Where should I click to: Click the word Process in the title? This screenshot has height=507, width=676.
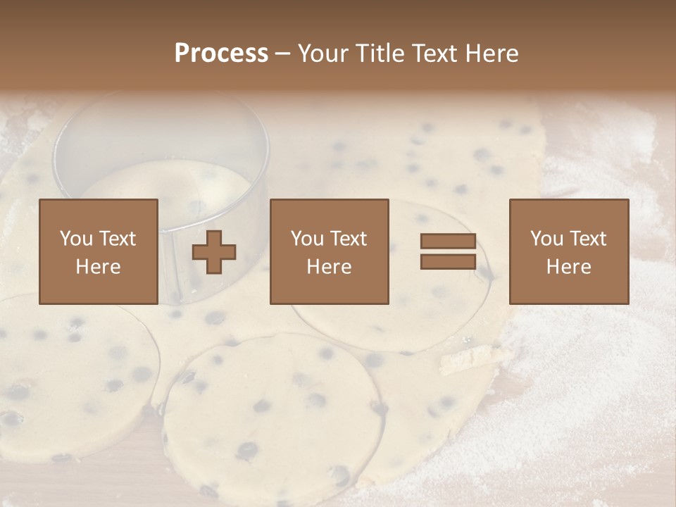pyautogui.click(x=221, y=54)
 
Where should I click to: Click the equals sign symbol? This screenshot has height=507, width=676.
pyautogui.click(x=448, y=251)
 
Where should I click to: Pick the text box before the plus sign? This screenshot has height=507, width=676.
pyautogui.click(x=99, y=251)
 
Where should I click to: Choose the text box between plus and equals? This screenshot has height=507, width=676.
pyautogui.click(x=329, y=251)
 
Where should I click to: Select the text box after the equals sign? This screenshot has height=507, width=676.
pyautogui.click(x=568, y=251)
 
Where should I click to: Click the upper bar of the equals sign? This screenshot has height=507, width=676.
pyautogui.click(x=448, y=242)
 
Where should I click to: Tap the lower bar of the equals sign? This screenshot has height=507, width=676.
pyautogui.click(x=448, y=261)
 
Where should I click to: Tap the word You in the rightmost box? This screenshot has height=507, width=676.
pyautogui.click(x=546, y=239)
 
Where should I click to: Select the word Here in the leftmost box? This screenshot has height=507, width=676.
pyautogui.click(x=99, y=267)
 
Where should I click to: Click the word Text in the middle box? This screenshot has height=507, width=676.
pyautogui.click(x=349, y=239)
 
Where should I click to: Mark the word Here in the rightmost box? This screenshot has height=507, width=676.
pyautogui.click(x=568, y=267)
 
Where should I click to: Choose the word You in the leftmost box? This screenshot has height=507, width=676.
pyautogui.click(x=76, y=239)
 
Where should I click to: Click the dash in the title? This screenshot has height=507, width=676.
pyautogui.click(x=282, y=54)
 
